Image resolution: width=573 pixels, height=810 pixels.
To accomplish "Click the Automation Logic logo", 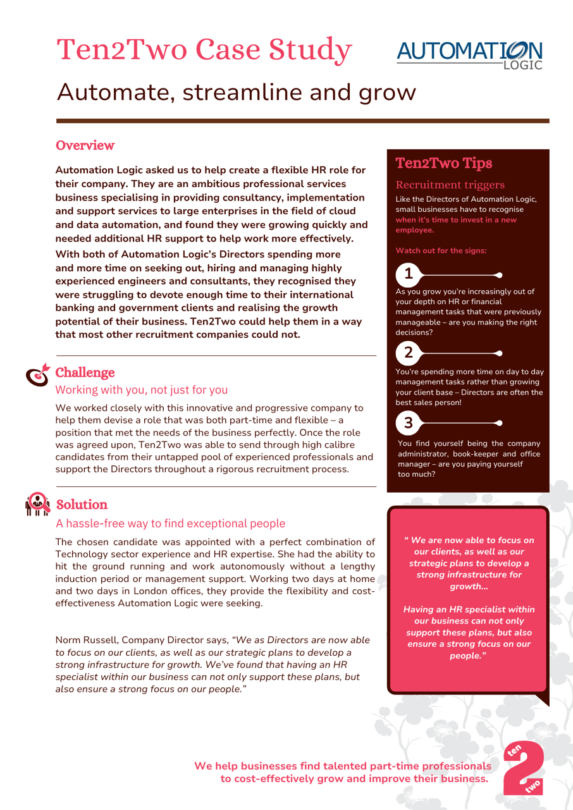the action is [x=470, y=54].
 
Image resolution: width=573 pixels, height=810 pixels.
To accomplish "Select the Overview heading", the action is [x=85, y=145].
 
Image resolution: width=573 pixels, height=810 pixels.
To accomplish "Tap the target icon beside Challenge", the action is [x=37, y=374].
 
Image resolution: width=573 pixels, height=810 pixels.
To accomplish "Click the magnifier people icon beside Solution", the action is [x=37, y=504].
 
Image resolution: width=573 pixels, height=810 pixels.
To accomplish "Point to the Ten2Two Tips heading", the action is [x=443, y=163].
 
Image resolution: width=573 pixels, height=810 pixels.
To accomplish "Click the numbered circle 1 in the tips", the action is [x=409, y=274].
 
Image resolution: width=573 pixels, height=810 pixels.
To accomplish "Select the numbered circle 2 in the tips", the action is [x=409, y=352].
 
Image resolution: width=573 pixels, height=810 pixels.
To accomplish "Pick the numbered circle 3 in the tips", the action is [x=409, y=422].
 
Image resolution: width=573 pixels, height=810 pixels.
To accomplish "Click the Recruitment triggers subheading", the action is [x=450, y=185].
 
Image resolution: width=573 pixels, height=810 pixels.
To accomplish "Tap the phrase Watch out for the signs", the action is [x=441, y=250].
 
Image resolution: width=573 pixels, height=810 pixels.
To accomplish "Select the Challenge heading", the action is [x=85, y=372].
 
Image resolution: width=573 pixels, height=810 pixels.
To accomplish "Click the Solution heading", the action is [x=82, y=505].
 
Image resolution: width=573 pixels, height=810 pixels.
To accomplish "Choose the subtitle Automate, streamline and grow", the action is [x=237, y=92].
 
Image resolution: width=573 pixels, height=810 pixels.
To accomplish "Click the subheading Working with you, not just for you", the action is [x=142, y=390].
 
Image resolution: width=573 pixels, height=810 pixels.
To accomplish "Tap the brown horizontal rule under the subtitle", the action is [x=302, y=121].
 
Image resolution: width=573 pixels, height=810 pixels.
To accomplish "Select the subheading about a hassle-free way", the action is [x=170, y=524].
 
